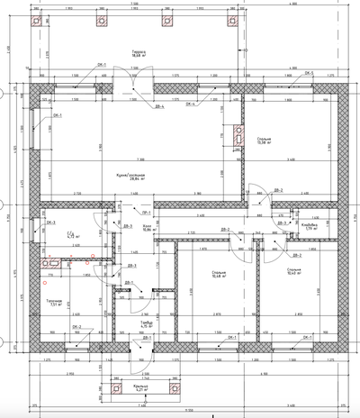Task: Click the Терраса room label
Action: tap(139, 54)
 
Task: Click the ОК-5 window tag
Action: tap(308, 72)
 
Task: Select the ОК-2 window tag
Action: tap(77, 327)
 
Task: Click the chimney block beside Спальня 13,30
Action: tap(238, 136)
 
